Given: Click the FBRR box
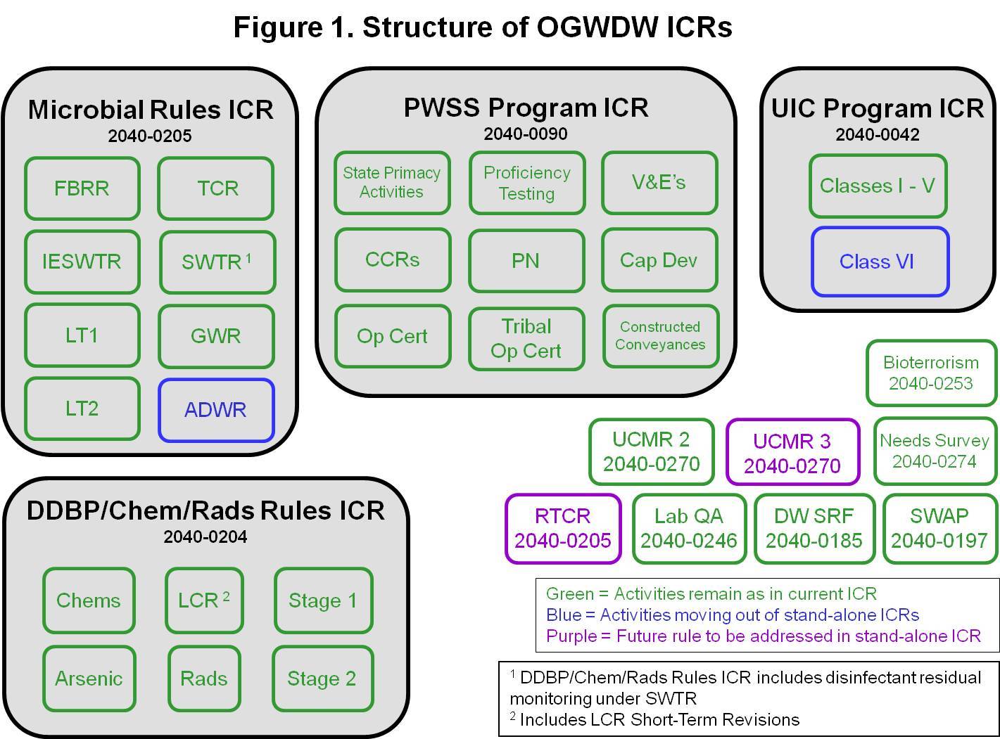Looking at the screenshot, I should pyautogui.click(x=82, y=188).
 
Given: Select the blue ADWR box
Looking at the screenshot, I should pyautogui.click(x=216, y=411).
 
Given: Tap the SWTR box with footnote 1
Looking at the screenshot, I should pyautogui.click(x=217, y=262).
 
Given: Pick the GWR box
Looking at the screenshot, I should pyautogui.click(x=216, y=336).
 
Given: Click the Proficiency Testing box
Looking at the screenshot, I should pyautogui.click(x=526, y=183).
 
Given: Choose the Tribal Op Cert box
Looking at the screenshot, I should pyautogui.click(x=526, y=338).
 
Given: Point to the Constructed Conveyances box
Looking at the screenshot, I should pyautogui.click(x=660, y=336).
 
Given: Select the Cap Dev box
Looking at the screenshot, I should pyautogui.click(x=659, y=260).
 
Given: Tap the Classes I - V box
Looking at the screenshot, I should pyautogui.click(x=878, y=186).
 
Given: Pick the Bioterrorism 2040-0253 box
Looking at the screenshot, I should pyautogui.click(x=931, y=373).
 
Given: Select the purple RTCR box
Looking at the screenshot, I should pyautogui.click(x=563, y=529).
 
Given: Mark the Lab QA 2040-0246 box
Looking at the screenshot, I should pyautogui.click(x=689, y=529).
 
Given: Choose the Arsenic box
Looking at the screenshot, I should pyautogui.click(x=89, y=679).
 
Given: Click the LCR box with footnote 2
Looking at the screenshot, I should pyautogui.click(x=204, y=600).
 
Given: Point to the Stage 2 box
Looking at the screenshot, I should pyautogui.click(x=322, y=679).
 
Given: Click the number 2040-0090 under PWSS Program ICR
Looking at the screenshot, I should pyautogui.click(x=526, y=134).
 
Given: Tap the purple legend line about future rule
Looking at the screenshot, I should pyautogui.click(x=764, y=636).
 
